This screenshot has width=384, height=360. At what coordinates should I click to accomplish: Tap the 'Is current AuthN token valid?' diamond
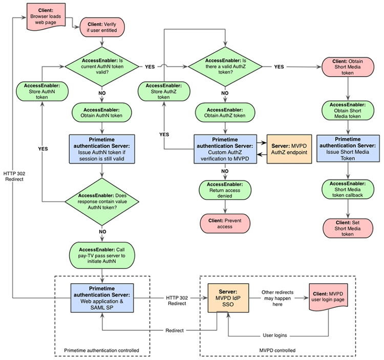102,66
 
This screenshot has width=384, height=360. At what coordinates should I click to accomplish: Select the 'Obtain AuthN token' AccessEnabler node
102,112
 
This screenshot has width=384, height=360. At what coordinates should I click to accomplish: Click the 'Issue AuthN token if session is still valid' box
102,148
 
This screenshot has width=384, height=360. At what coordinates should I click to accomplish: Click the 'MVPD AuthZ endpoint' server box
288,148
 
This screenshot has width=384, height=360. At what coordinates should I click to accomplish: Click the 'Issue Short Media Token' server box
348,148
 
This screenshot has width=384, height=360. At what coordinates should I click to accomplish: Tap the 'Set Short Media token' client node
348,227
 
